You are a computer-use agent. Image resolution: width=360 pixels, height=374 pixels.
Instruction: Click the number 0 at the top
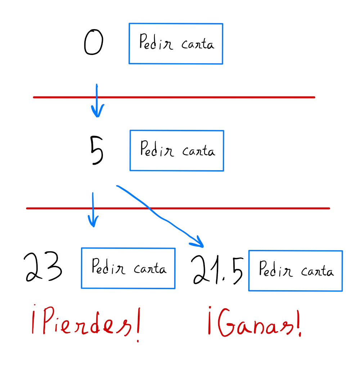(93, 42)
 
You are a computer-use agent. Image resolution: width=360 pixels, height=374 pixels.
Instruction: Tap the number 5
(96, 151)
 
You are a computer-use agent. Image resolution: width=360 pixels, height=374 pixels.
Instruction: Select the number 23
(43, 268)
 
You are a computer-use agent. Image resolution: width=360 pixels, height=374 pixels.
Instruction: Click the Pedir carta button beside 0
(176, 44)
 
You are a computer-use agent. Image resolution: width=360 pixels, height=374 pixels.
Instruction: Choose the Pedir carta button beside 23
(128, 268)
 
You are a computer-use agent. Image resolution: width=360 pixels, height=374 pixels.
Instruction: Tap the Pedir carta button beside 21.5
(295, 271)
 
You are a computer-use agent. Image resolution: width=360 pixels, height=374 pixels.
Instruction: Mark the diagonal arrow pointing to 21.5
(158, 216)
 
